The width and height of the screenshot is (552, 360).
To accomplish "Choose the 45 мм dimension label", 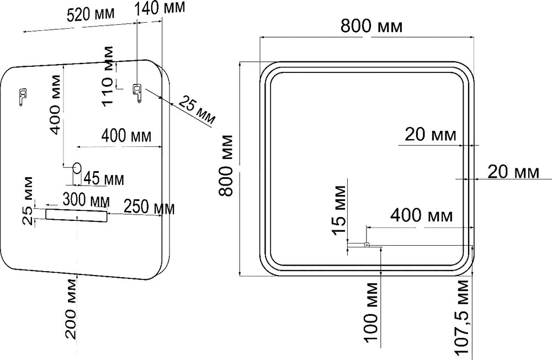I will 103,179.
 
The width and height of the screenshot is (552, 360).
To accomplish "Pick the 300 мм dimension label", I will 86,198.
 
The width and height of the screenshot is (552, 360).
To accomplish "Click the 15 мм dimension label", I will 341,210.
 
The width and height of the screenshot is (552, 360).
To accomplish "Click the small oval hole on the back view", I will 77,167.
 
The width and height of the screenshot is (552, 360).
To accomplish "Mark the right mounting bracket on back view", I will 137,92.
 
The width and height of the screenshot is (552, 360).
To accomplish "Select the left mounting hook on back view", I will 22,96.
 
